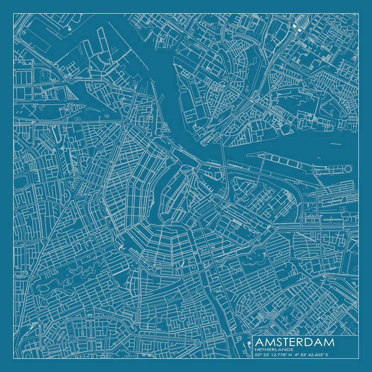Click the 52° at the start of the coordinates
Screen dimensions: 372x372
(258, 355)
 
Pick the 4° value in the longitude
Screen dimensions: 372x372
(296, 355)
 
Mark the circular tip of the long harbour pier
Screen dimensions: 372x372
(348, 169)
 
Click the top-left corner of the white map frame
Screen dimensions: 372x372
(14, 14)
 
